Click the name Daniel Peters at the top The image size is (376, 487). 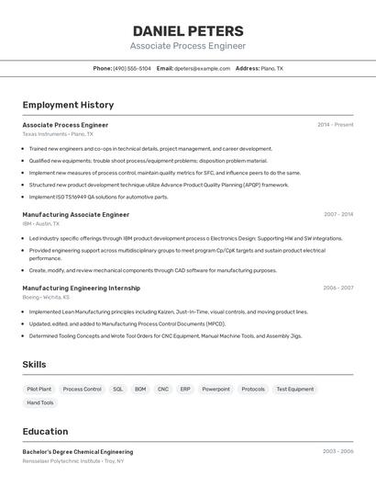click(x=188, y=31)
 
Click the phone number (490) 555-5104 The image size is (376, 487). click(x=132, y=68)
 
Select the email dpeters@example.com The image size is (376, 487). click(x=202, y=68)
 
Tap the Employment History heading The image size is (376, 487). click(x=68, y=105)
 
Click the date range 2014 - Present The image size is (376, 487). click(x=335, y=125)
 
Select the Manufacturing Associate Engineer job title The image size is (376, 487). click(x=75, y=214)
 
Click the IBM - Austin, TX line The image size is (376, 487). click(x=41, y=223)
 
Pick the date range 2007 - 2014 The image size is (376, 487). click(x=337, y=214)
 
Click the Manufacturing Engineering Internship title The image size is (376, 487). click(x=81, y=288)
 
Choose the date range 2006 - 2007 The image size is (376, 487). click(x=337, y=288)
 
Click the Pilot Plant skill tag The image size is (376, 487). click(x=39, y=389)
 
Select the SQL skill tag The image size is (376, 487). click(x=117, y=389)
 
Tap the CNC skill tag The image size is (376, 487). click(x=163, y=389)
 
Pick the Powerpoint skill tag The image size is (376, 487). click(x=216, y=389)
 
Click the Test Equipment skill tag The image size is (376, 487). click(x=294, y=389)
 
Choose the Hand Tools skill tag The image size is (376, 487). click(x=40, y=402)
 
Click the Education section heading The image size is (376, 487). click(x=45, y=431)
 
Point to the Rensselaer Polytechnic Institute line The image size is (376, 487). click(x=72, y=460)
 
